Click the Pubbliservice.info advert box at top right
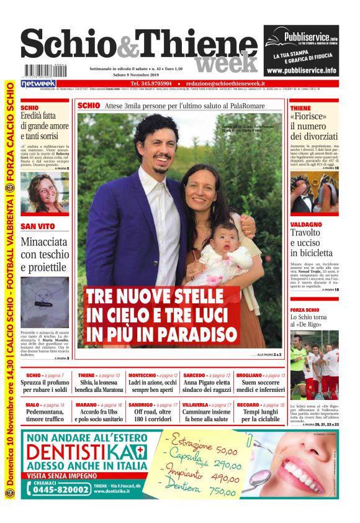[301, 50]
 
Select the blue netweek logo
[38, 83]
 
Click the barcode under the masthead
[38, 71]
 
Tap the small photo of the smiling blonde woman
[44, 193]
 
